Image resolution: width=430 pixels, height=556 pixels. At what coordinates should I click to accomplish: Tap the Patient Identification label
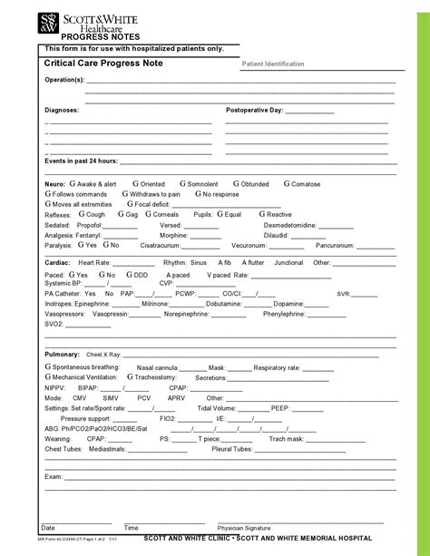[x=273, y=64]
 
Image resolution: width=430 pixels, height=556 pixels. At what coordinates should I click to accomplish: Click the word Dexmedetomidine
[x=290, y=225]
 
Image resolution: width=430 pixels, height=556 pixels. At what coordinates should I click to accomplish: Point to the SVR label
[x=343, y=294]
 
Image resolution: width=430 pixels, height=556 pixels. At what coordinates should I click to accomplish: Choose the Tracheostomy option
[x=153, y=376]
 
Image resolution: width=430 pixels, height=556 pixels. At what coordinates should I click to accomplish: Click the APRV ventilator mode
[x=176, y=397]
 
